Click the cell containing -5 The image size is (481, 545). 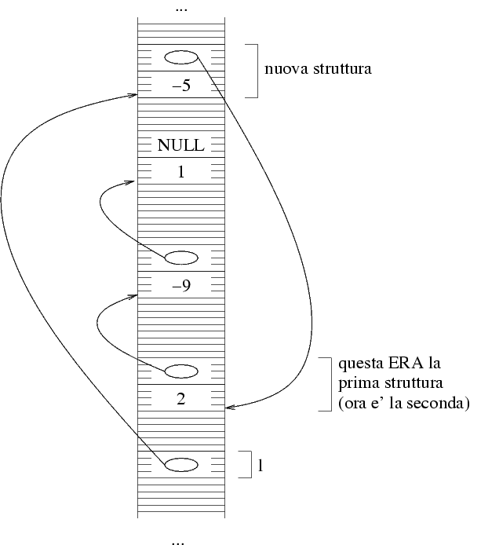[181, 86]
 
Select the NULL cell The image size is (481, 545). [181, 145]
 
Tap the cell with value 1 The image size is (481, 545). [181, 171]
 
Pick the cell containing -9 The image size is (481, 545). [181, 286]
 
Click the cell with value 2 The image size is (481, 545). [181, 398]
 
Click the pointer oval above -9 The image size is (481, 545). [181, 258]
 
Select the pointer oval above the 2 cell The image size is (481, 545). [181, 371]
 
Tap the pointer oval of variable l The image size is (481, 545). [181, 463]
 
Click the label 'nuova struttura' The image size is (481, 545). [318, 69]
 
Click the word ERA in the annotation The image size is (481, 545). [394, 365]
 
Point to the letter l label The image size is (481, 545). [260, 465]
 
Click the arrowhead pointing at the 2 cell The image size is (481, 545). [229, 408]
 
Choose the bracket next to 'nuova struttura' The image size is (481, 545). [253, 71]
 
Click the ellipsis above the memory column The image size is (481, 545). [181, 9]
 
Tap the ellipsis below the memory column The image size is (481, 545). [181, 540]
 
